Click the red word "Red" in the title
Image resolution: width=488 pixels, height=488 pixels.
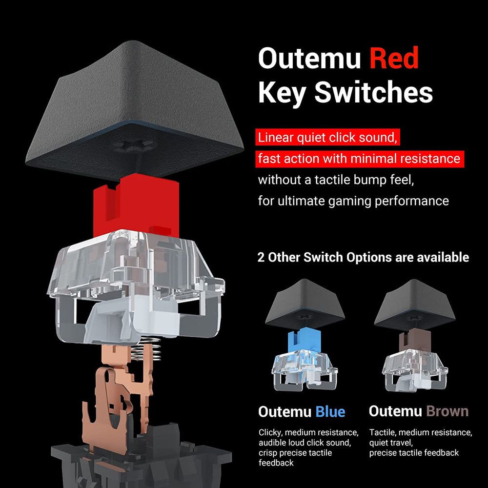click(394, 59)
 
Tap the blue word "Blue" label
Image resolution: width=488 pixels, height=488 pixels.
click(330, 411)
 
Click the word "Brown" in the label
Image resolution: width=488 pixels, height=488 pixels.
click(447, 411)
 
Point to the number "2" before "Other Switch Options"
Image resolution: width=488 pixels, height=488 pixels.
click(261, 257)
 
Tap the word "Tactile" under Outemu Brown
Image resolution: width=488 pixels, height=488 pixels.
click(382, 432)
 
